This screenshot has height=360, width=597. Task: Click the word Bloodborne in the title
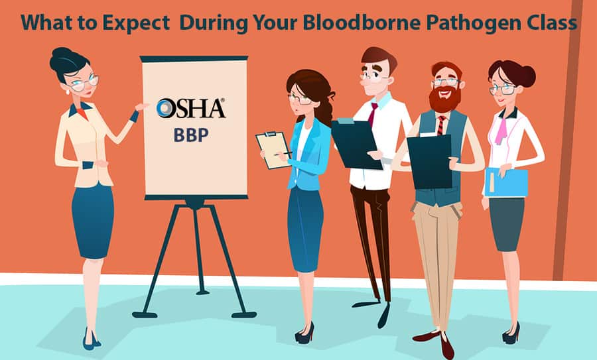coord(362,23)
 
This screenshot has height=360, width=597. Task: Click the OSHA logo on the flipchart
coord(190,108)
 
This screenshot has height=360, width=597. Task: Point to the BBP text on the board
coord(191,135)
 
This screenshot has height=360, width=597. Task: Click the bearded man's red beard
coord(444,99)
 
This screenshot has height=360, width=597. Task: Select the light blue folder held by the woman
coord(506,182)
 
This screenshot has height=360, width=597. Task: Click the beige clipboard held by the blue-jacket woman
coord(273,150)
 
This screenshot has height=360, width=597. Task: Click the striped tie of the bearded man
coord(441,125)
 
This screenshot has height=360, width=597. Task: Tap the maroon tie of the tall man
coord(372,114)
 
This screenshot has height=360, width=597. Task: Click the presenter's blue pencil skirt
coord(93,221)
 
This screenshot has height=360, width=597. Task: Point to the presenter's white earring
coord(68,91)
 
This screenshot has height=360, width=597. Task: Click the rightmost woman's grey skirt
coord(507,224)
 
